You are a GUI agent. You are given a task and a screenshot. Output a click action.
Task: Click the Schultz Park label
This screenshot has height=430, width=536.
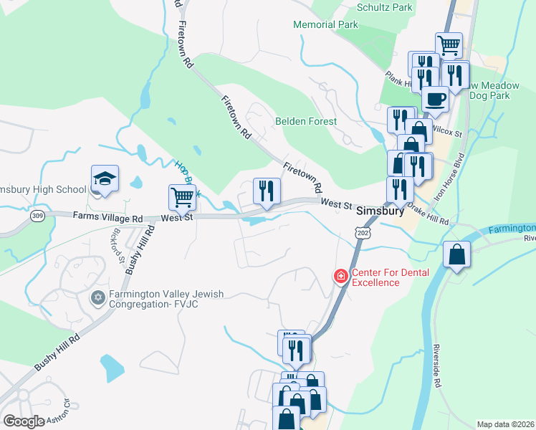tap(384, 8)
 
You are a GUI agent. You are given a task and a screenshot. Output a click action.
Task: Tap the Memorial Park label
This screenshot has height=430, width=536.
tap(326, 24)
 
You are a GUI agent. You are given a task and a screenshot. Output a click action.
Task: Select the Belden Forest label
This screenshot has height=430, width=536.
tap(306, 121)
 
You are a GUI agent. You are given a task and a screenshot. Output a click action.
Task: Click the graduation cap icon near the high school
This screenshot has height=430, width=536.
tap(105, 180)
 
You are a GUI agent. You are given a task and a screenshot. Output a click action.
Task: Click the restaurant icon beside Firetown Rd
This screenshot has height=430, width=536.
tap(267, 191)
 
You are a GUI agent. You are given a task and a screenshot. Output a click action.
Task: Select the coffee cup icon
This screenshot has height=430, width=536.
tap(435, 99)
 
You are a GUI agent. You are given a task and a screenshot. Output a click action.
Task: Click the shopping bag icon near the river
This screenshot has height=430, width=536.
tap(456, 254)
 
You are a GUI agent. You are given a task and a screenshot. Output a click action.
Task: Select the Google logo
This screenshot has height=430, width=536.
tap(24, 421)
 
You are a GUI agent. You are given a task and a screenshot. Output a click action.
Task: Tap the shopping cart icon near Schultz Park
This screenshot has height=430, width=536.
tap(449, 46)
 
